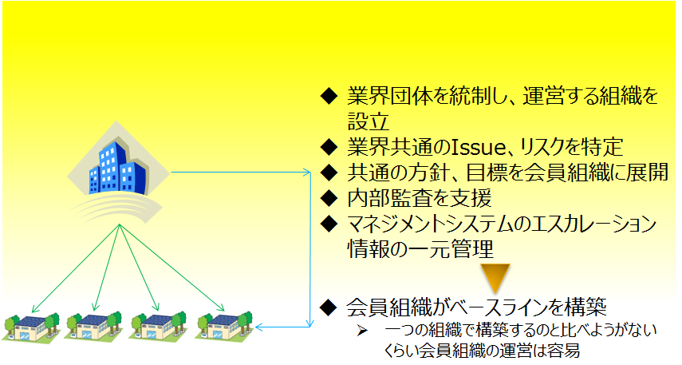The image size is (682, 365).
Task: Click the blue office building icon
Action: pyautogui.click(x=117, y=168)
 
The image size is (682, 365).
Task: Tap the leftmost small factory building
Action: pyautogui.click(x=31, y=327)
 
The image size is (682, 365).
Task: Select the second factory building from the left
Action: pyautogui.click(x=94, y=327)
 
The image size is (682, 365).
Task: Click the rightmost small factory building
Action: pyautogui.click(x=224, y=327)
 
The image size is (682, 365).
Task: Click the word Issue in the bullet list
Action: pyautogui.click(x=478, y=147)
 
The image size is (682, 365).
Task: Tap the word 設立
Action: pyautogui.click(x=368, y=121)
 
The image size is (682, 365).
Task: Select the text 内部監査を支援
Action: pyautogui.click(x=420, y=198)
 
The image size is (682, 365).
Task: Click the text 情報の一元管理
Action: pyautogui.click(x=420, y=249)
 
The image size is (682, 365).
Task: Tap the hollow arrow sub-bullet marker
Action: pyautogui.click(x=362, y=331)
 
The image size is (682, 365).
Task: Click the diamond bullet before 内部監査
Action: pyautogui.click(x=329, y=198)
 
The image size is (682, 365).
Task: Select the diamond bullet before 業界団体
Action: pyautogui.click(x=329, y=97)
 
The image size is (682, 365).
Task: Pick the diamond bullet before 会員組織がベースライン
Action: pyautogui.click(x=329, y=307)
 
